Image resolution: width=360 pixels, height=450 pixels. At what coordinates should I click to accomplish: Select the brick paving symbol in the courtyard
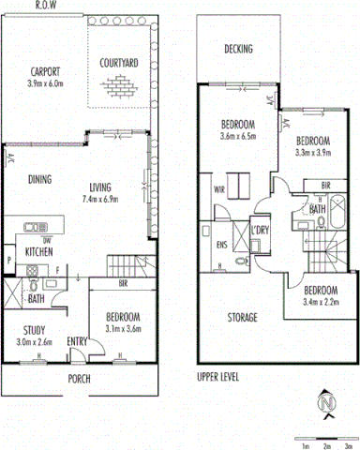click(120, 87)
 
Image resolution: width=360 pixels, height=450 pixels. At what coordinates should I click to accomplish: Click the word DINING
click(40, 180)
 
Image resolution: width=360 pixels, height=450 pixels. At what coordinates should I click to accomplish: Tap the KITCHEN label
click(38, 252)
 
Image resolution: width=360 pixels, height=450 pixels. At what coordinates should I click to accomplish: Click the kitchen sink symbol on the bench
click(37, 225)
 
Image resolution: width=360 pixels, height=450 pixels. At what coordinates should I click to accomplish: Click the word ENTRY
click(78, 341)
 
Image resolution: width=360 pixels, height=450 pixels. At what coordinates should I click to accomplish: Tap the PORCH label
click(79, 380)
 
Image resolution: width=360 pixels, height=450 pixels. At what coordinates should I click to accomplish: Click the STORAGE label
click(241, 318)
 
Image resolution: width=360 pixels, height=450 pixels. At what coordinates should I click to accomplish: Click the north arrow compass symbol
click(327, 404)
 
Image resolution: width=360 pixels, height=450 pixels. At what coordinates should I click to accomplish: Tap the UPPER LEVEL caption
click(220, 379)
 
